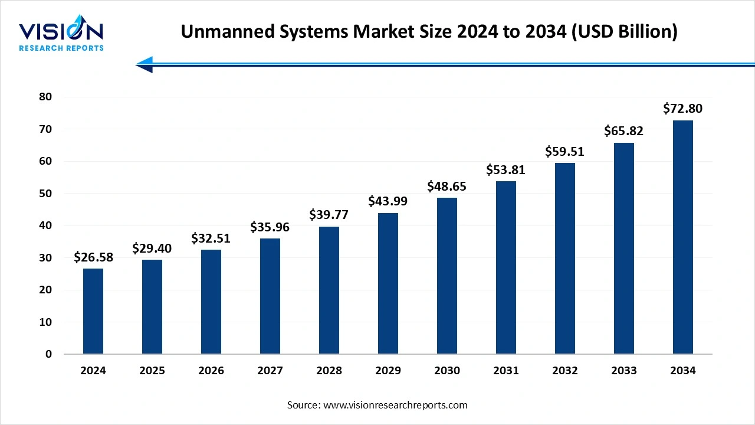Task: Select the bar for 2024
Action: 93,311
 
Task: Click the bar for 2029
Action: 388,283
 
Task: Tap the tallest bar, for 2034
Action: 683,237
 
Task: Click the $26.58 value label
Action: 93,257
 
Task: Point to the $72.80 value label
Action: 683,109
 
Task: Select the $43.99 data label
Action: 388,201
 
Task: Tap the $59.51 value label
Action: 565,152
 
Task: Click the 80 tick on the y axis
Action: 45,97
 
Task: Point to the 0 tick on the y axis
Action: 49,354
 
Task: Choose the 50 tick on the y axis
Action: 45,194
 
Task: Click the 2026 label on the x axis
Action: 211,371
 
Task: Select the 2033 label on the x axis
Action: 624,371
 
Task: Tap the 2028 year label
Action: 329,371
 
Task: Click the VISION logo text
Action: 61,31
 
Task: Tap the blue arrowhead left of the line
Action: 145,64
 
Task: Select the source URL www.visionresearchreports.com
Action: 395,405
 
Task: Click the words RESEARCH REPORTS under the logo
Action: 61,48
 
